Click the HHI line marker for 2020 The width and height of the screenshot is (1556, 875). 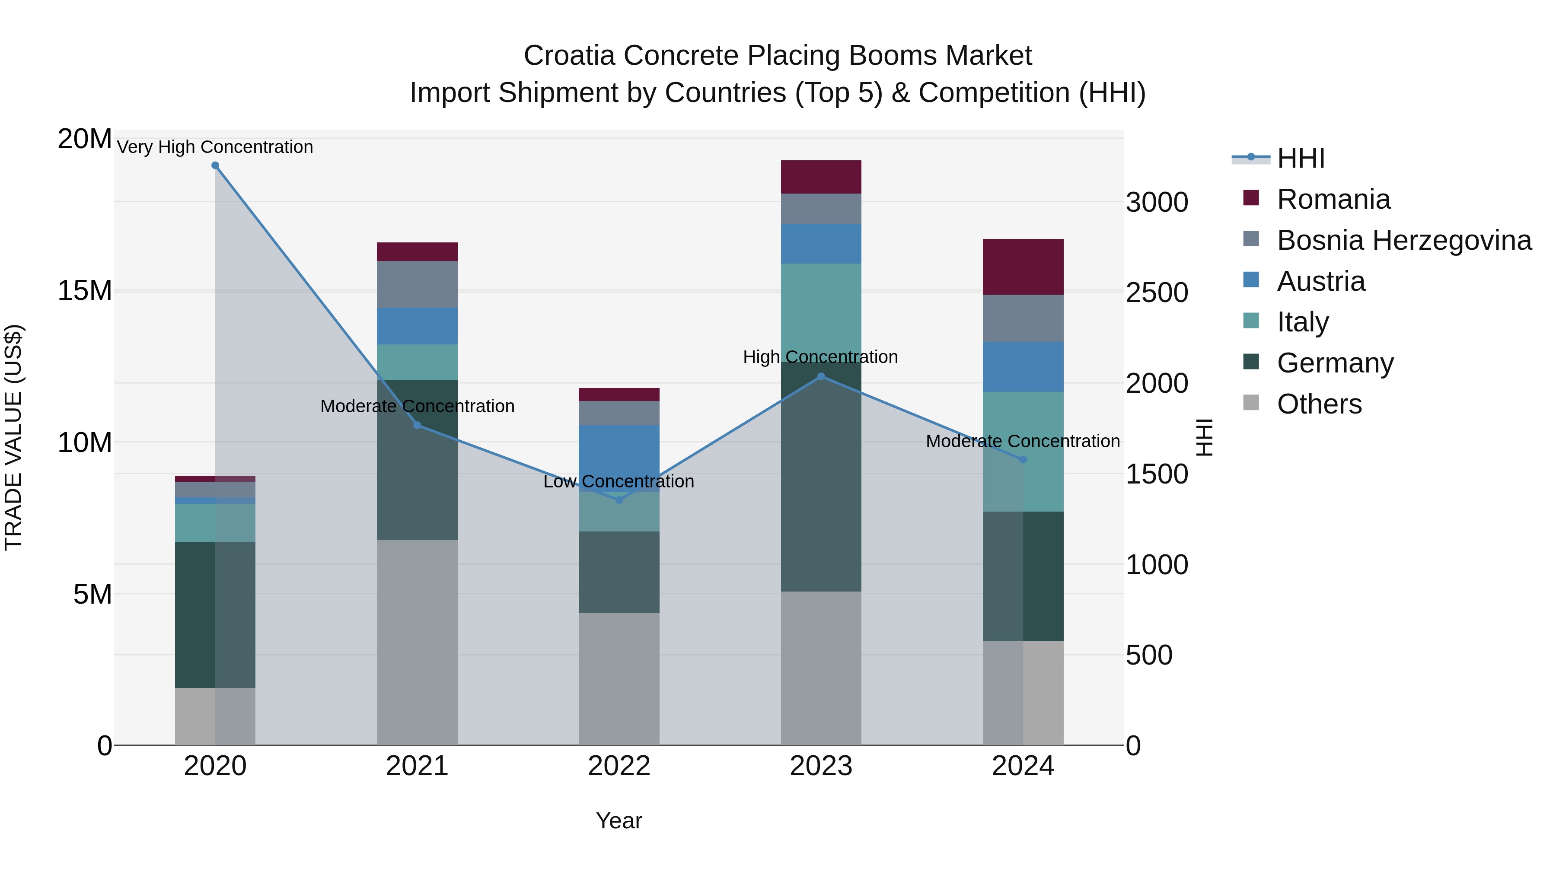[x=215, y=165]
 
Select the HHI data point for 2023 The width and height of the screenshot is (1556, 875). [x=821, y=376]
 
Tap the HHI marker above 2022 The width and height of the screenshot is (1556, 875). [x=619, y=500]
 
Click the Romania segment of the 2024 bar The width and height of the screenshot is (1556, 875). [x=1023, y=267]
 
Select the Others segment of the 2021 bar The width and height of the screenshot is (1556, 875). [x=417, y=642]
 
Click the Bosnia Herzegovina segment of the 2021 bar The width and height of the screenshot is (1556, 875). [x=417, y=284]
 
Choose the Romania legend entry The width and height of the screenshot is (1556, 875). [x=1333, y=199]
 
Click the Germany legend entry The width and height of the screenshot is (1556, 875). [x=1335, y=363]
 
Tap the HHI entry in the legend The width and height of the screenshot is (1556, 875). [x=1301, y=158]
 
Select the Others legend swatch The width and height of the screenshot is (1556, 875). [x=1251, y=403]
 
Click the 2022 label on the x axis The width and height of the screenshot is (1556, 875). [x=619, y=766]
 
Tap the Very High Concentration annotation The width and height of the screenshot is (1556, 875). [x=215, y=147]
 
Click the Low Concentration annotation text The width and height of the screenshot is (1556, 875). [x=619, y=481]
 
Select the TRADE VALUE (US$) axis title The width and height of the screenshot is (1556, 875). [x=13, y=437]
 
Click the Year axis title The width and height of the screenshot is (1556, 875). [x=619, y=821]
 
